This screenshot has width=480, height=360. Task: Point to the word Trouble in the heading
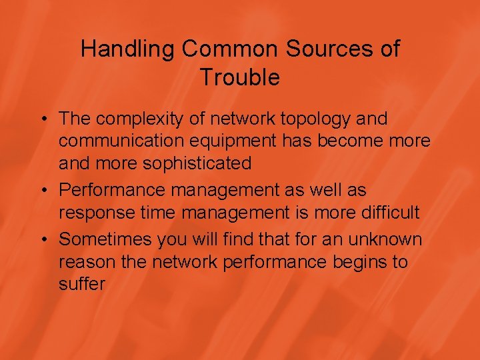pyautogui.click(x=240, y=78)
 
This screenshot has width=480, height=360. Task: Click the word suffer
pyautogui.click(x=82, y=285)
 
